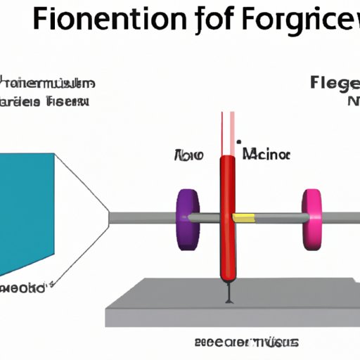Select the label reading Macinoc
tap(265, 154)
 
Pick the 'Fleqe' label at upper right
tap(335, 85)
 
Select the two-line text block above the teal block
tap(45, 92)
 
